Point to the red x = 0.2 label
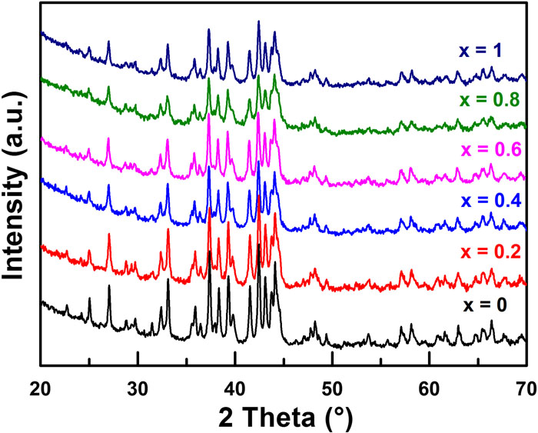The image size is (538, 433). click(489, 252)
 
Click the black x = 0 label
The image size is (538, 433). click(485, 305)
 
